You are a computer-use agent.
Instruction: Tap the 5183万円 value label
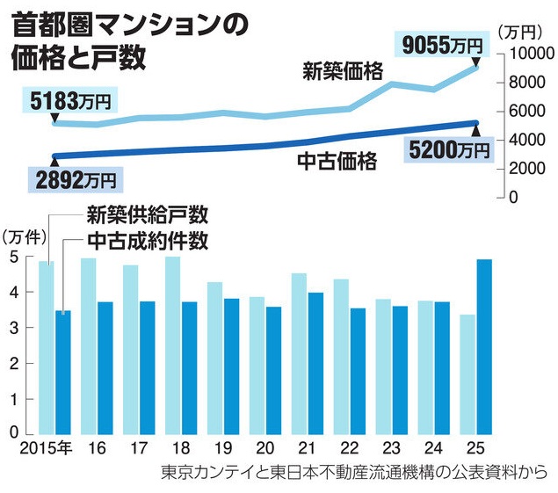tap(69, 101)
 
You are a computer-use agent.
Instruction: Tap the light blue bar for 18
tap(172, 344)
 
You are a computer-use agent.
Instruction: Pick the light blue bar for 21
tap(299, 352)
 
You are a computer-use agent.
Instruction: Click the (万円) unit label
tap(522, 31)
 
